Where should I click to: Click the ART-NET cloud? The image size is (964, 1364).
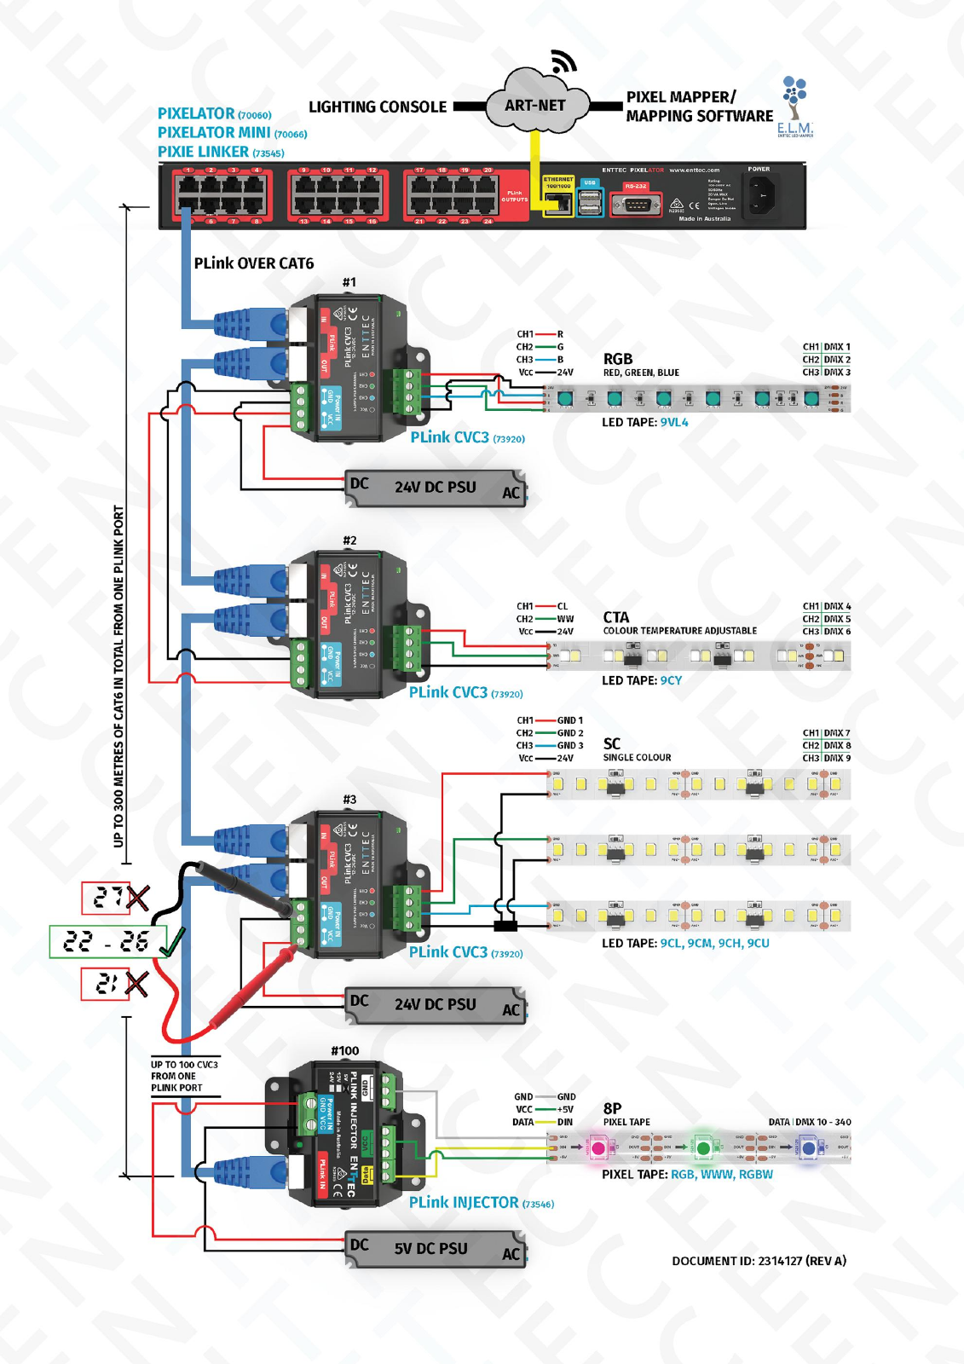(535, 106)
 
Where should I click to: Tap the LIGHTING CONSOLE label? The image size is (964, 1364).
(377, 107)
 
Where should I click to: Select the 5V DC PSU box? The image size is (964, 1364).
(435, 1249)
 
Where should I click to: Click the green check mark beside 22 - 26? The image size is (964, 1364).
(172, 942)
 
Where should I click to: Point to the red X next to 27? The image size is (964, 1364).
(137, 898)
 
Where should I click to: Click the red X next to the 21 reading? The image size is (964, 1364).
(136, 985)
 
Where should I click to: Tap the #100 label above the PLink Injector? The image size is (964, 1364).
(345, 1051)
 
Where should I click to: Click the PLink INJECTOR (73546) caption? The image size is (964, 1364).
(481, 1203)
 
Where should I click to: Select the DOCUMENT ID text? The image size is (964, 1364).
(759, 1261)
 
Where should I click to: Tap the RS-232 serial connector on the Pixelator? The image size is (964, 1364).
(636, 205)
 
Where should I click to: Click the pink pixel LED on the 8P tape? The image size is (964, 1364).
(598, 1148)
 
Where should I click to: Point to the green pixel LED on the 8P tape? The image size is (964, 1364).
(703, 1148)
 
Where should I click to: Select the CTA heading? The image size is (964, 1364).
(615, 617)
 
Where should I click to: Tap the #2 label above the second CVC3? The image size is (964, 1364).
(349, 540)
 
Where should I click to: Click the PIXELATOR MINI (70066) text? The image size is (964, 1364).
(232, 133)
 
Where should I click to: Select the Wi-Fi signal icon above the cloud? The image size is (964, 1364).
(563, 61)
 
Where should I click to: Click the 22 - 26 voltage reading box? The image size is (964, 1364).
(107, 942)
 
